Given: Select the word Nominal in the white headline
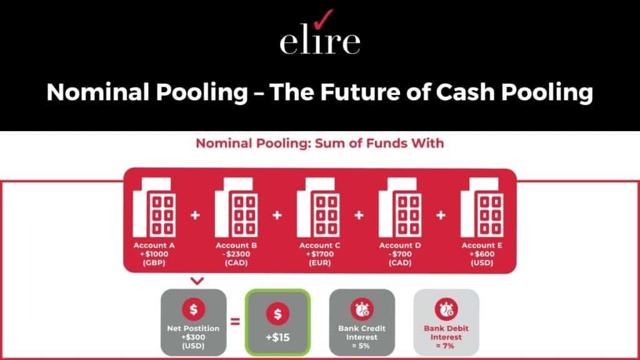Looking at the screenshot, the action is pyautogui.click(x=97, y=92).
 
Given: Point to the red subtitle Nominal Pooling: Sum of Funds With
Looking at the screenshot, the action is pyautogui.click(x=319, y=143).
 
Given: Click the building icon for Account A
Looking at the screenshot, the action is pyautogui.click(x=154, y=207).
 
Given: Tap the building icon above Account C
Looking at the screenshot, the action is pyautogui.click(x=318, y=207).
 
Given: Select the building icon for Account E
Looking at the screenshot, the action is pyautogui.click(x=482, y=207).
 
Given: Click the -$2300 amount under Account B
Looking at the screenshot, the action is pyautogui.click(x=236, y=254).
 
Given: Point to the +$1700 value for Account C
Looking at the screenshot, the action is pyautogui.click(x=319, y=254).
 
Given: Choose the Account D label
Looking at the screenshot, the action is pyautogui.click(x=400, y=245).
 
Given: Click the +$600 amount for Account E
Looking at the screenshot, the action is pyautogui.click(x=482, y=254).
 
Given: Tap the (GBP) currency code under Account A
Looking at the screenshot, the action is pyautogui.click(x=154, y=263).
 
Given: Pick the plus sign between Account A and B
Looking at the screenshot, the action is pyautogui.click(x=196, y=215).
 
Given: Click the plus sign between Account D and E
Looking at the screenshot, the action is pyautogui.click(x=441, y=215).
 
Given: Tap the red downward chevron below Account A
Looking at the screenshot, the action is pyautogui.click(x=197, y=281).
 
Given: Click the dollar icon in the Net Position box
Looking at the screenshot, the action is pyautogui.click(x=194, y=309).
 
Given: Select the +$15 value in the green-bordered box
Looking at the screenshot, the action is pyautogui.click(x=277, y=337).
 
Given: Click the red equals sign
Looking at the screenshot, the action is pyautogui.click(x=236, y=322).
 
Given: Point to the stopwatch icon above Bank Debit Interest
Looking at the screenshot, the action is pyautogui.click(x=446, y=309).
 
